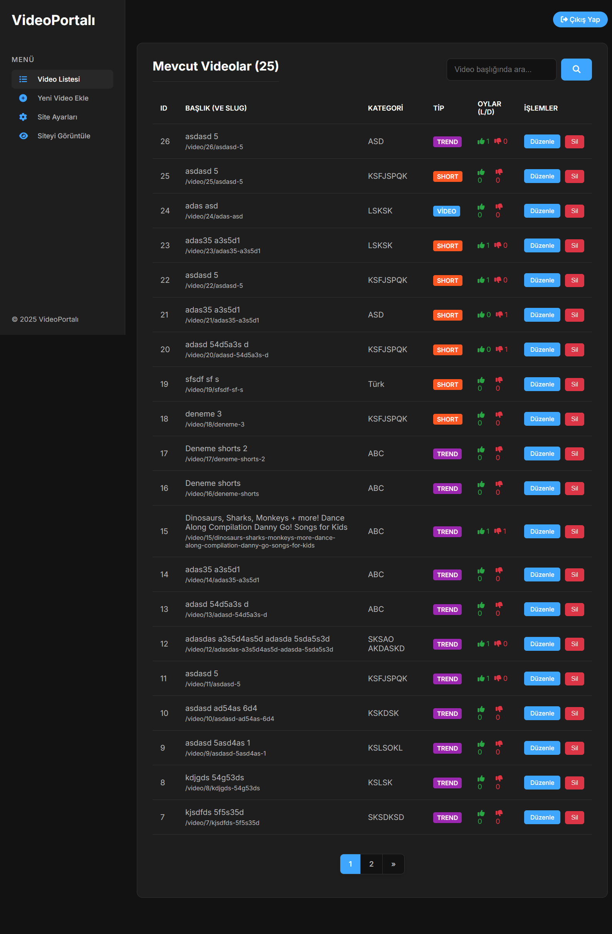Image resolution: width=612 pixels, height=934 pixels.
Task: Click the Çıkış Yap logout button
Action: [580, 20]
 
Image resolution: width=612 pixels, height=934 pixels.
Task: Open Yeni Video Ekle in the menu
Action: [62, 98]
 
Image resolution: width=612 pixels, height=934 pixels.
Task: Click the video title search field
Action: [501, 69]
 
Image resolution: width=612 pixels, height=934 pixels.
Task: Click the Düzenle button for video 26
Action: [542, 142]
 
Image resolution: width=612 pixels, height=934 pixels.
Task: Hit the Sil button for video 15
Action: [574, 531]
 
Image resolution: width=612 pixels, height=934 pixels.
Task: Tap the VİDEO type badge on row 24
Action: [446, 211]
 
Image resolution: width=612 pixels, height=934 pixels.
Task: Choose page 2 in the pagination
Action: [371, 864]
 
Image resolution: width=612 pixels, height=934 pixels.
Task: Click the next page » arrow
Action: [393, 864]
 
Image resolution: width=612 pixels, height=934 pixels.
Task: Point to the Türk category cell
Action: [376, 384]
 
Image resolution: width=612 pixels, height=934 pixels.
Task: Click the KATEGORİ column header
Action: [385, 108]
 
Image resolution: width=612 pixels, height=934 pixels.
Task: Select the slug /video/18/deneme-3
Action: [215, 424]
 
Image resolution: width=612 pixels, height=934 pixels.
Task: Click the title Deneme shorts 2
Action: [216, 449]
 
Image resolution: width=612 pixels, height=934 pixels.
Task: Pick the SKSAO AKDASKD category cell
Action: [386, 643]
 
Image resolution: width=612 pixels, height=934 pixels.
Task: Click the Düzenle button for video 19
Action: [542, 384]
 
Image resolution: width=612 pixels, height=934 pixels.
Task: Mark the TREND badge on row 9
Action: [447, 748]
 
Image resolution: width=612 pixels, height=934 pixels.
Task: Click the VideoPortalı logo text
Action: [54, 20]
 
